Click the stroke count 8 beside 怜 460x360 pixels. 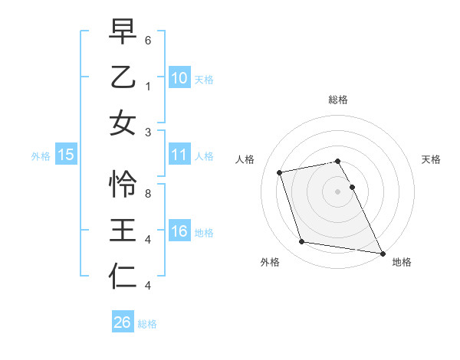[148, 194]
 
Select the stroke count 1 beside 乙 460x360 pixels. [148, 87]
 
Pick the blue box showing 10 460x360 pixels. [179, 78]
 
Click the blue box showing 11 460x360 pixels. [179, 155]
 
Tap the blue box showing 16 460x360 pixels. [179, 232]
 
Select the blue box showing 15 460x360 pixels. [66, 155]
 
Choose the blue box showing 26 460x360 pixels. [122, 322]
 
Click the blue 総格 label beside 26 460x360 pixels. [147, 324]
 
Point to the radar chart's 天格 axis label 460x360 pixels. [432, 159]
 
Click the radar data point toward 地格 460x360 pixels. [381, 253]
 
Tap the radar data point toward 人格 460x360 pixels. [280, 172]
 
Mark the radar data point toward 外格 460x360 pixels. [301, 242]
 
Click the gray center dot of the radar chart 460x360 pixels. [337, 191]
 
